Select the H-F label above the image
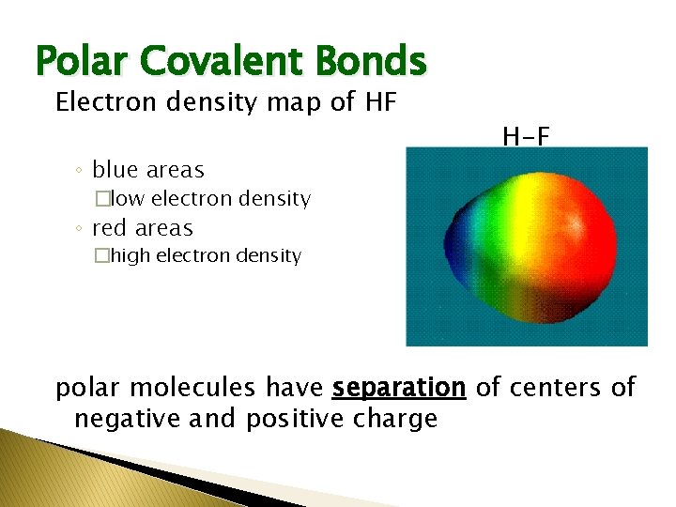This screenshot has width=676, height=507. pyautogui.click(x=526, y=138)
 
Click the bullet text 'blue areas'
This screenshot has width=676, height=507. pyautogui.click(x=147, y=170)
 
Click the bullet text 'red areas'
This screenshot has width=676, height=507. pyautogui.click(x=142, y=228)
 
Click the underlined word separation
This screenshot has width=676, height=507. pyautogui.click(x=399, y=387)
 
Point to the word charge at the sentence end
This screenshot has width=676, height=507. pyautogui.click(x=395, y=419)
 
